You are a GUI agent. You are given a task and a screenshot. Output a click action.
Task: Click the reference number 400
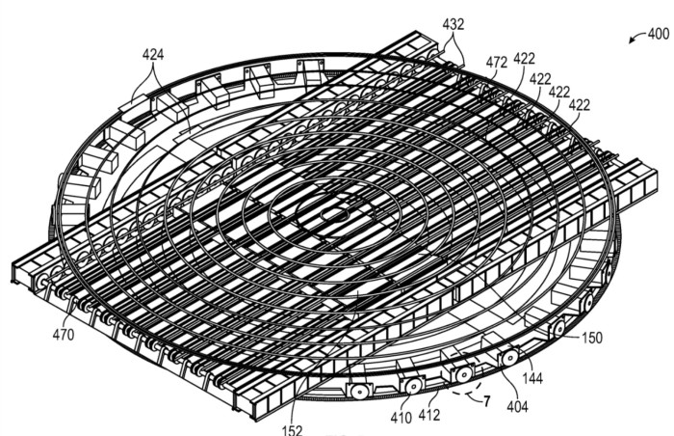[x=658, y=34]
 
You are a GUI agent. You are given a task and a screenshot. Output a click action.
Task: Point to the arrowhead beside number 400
[x=632, y=41]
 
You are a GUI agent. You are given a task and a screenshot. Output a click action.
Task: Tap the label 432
[x=454, y=24]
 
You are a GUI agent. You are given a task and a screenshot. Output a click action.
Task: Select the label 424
[x=153, y=55]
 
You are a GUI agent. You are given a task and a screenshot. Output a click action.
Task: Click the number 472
[x=497, y=63]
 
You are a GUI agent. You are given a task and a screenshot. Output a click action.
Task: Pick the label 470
[x=64, y=335]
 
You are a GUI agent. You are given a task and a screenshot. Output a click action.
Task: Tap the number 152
[x=293, y=430]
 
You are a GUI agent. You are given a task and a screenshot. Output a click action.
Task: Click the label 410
[x=402, y=417]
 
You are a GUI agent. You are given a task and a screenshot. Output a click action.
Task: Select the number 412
[x=429, y=415]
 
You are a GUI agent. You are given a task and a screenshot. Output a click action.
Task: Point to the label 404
[x=517, y=406]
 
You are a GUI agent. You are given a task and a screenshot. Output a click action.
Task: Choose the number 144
[x=532, y=379]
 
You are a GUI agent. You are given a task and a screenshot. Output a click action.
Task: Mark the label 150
[x=592, y=338]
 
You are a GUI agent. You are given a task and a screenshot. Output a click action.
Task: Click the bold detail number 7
[x=486, y=402]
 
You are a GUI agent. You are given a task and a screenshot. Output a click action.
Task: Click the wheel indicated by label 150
[x=557, y=329]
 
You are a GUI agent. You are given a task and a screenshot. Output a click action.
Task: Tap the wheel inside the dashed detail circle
[x=463, y=374]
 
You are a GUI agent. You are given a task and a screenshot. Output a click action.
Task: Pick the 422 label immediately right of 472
[x=525, y=59]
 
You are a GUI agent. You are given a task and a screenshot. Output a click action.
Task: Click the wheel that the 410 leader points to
[x=411, y=386]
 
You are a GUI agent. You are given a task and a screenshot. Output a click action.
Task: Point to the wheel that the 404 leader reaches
[x=509, y=358]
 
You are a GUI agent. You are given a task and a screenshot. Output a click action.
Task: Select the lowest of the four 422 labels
[x=579, y=105]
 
